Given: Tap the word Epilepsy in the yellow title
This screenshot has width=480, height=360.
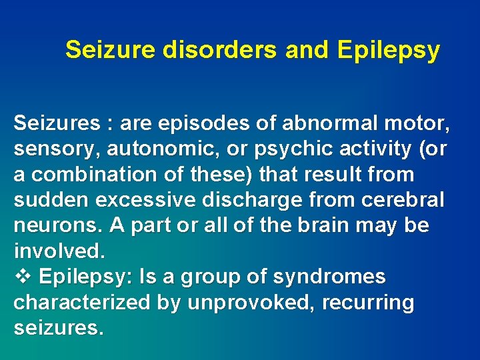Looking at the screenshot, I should pyautogui.click(x=389, y=50).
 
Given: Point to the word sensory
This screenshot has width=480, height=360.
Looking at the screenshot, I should pyautogui.click(x=53, y=150).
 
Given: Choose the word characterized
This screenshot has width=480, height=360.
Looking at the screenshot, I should pyautogui.click(x=82, y=303).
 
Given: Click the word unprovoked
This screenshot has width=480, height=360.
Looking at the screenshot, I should pyautogui.click(x=252, y=303).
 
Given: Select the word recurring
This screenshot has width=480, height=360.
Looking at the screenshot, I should pyautogui.click(x=368, y=303).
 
